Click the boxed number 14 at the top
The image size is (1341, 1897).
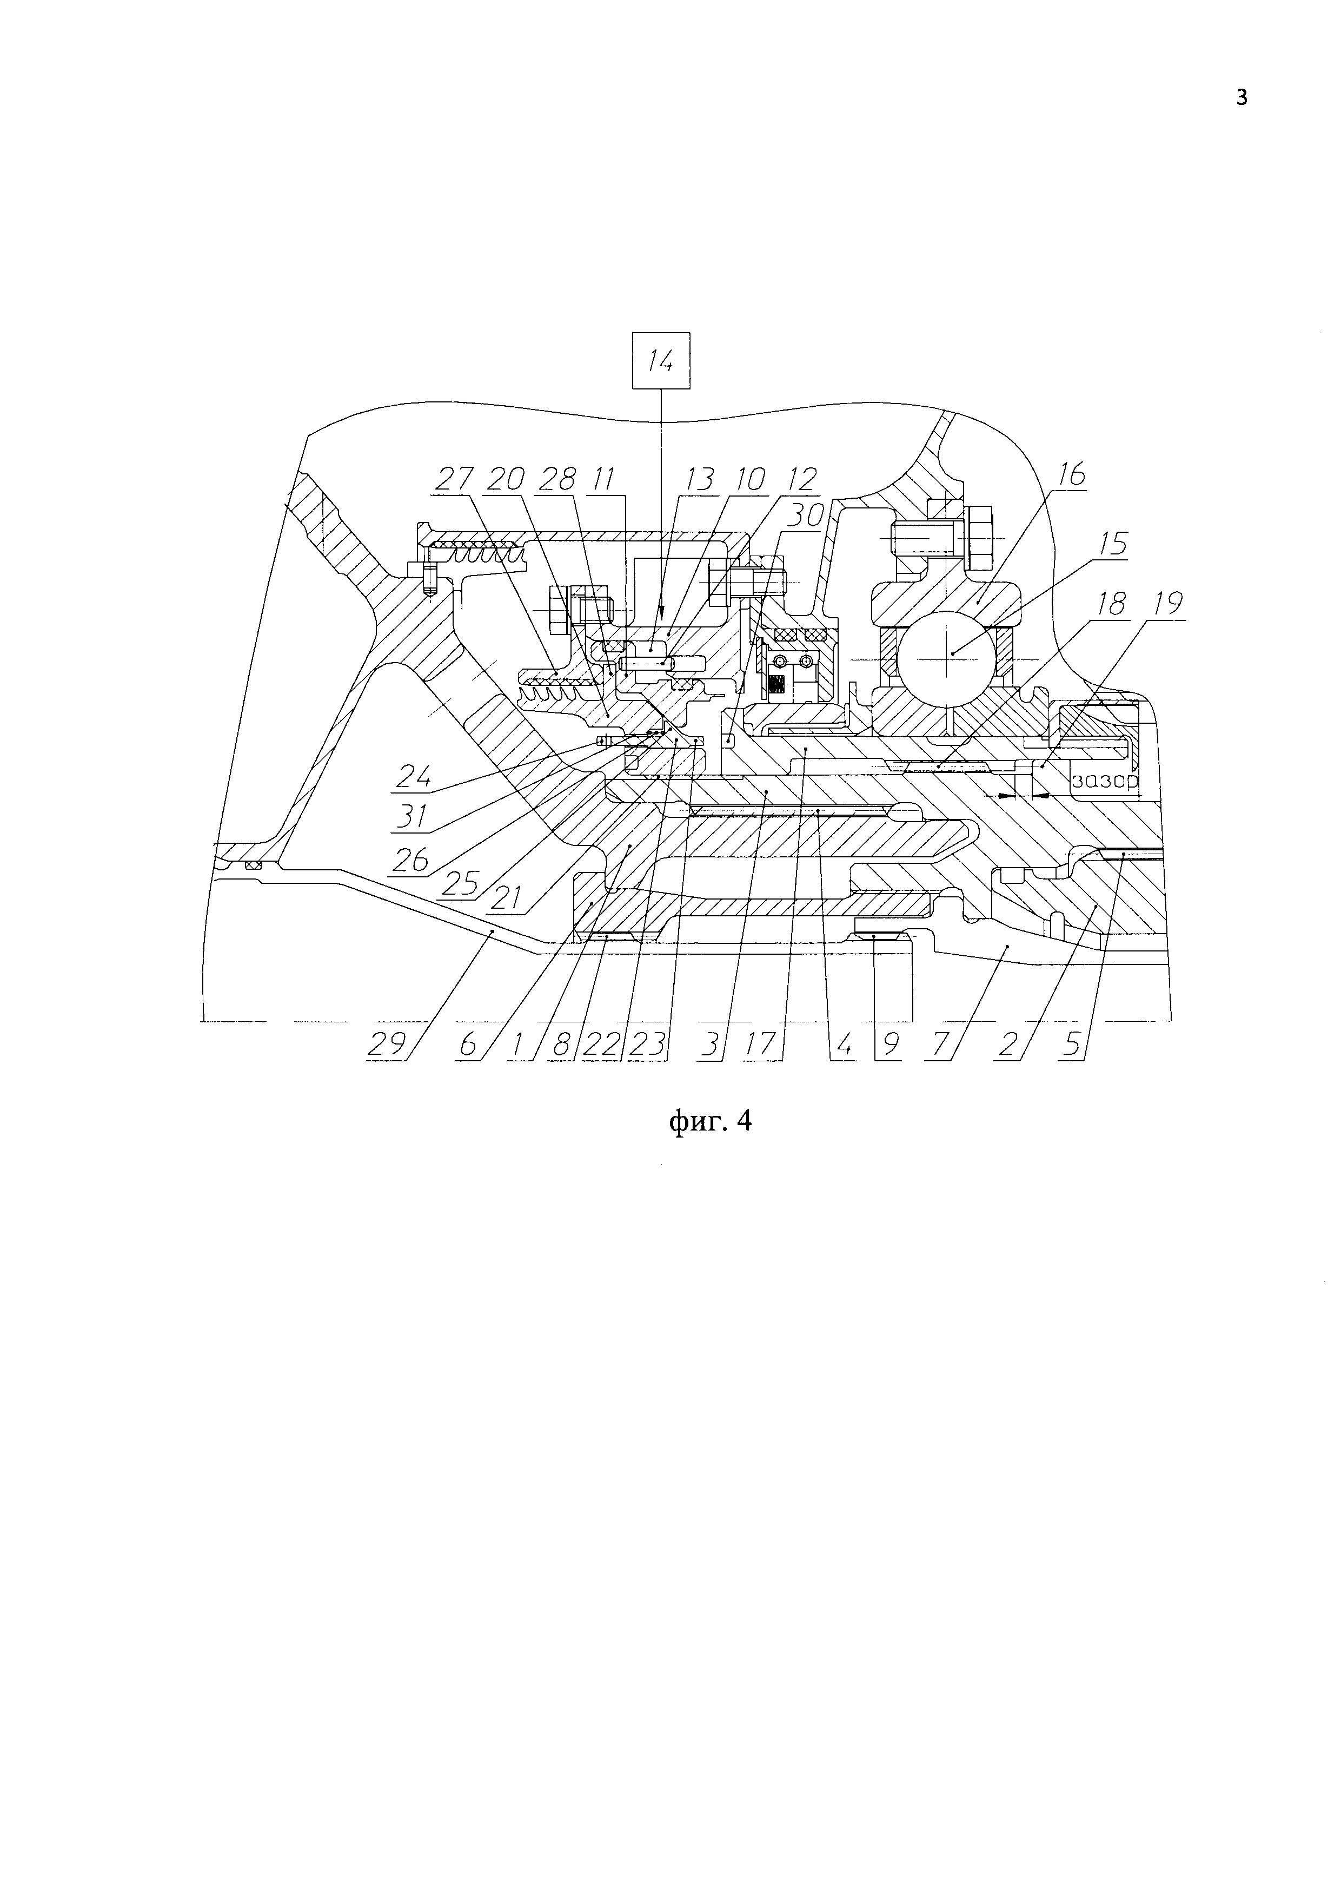point(661,361)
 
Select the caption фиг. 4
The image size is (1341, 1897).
point(709,1121)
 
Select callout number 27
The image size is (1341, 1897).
point(453,479)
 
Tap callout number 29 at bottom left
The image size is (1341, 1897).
point(387,1045)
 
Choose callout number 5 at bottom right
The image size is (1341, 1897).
point(1072,1045)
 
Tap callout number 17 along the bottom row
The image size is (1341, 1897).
point(761,1045)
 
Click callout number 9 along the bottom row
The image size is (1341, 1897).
point(890,1045)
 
